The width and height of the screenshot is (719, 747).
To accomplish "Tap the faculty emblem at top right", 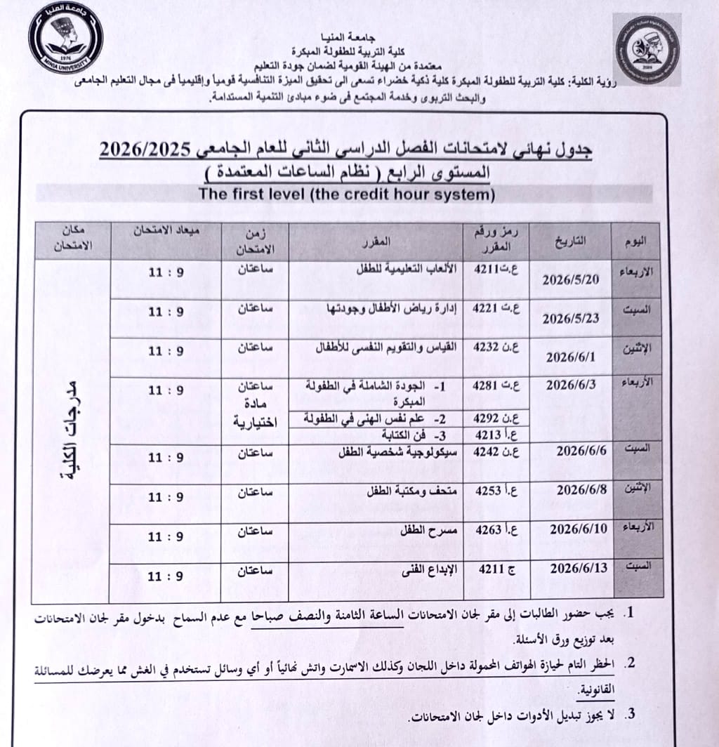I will click(x=647, y=50).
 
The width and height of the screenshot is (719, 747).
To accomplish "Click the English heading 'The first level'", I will click(x=347, y=195).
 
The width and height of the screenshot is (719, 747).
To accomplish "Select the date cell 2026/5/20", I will click(x=571, y=279).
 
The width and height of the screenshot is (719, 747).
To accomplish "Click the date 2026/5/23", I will click(x=571, y=317).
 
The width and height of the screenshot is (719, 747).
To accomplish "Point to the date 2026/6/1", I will click(x=571, y=356).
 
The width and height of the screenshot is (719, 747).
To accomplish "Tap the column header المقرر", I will click(x=381, y=243).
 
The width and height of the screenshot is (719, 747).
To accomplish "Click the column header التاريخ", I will click(x=571, y=240).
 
